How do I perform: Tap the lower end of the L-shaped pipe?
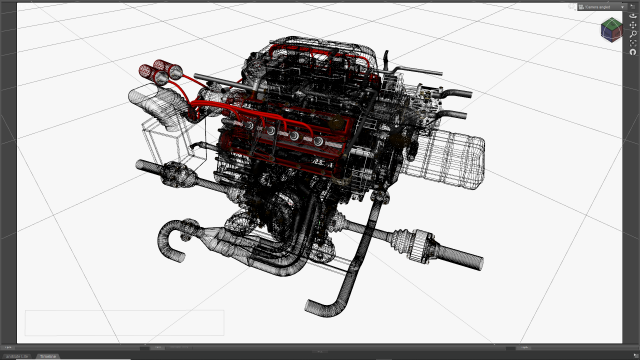tap(317, 304)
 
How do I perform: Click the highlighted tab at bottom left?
tap(47, 354)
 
